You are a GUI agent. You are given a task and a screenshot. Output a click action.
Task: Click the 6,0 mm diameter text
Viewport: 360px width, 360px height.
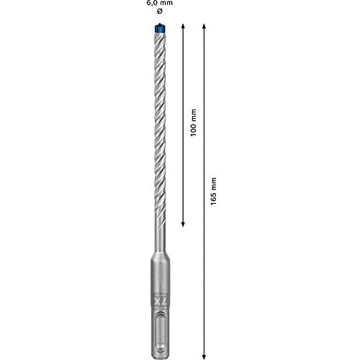(160, 3)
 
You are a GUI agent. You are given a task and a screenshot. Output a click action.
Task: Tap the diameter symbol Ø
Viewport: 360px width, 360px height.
(160, 11)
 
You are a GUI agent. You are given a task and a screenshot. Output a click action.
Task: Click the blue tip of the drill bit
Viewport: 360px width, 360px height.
(160, 28)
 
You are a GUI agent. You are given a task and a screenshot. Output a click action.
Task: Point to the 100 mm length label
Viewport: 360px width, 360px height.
(194, 122)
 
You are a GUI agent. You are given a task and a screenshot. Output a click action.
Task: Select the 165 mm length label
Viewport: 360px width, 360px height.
(213, 192)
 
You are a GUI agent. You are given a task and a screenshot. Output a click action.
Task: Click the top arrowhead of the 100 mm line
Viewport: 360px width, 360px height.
(183, 26)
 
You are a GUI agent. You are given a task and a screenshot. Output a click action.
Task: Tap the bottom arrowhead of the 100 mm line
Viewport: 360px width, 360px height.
(183, 225)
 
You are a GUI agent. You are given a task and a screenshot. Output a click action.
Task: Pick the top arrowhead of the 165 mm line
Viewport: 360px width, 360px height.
(204, 26)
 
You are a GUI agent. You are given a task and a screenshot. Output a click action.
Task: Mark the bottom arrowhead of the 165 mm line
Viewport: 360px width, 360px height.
(204, 357)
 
